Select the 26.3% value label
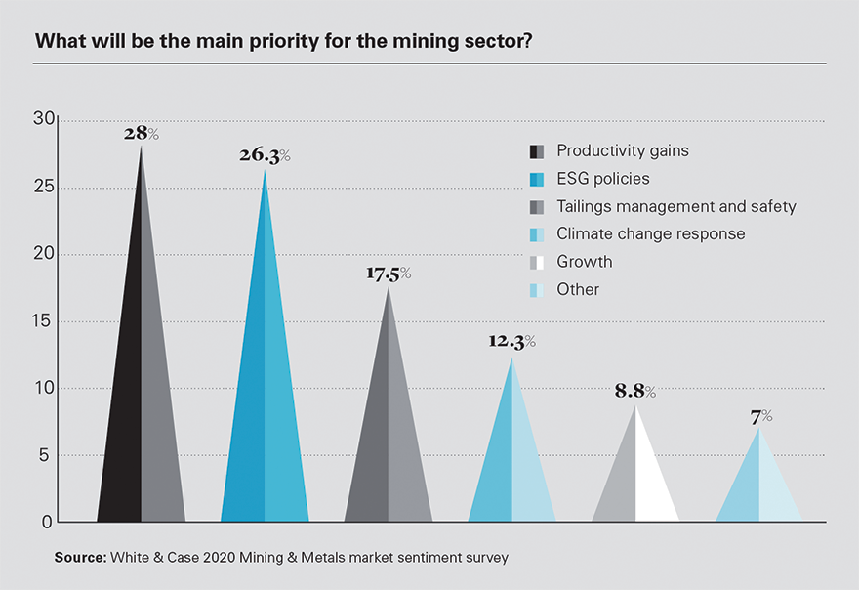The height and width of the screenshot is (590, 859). coord(265,156)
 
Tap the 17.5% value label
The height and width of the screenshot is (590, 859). coord(389,274)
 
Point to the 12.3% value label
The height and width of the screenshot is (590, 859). coord(512,342)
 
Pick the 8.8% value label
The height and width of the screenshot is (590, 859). coord(635,392)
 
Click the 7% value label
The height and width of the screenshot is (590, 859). coord(760,416)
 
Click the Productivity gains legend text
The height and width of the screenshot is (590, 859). coord(622,150)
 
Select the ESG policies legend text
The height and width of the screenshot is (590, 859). coord(602,179)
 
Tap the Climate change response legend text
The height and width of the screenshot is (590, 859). coord(650,233)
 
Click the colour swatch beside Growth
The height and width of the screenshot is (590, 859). coord(536,262)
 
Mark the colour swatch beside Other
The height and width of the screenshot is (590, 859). coord(536,290)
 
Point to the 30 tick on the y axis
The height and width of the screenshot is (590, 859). coord(44,119)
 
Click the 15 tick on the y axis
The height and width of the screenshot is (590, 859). coord(44,321)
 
